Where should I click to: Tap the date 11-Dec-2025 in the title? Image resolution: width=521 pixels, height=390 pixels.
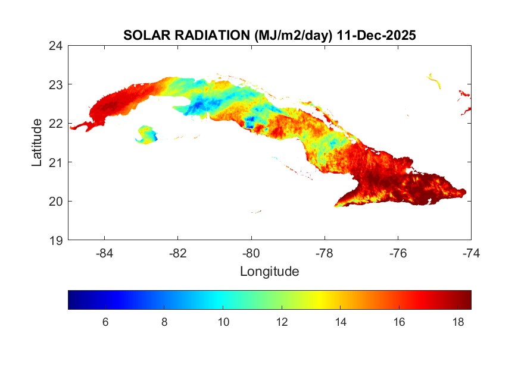[376, 36]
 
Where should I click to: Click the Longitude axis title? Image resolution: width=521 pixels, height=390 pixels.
[269, 272]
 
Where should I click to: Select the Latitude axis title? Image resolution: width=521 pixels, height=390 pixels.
[37, 142]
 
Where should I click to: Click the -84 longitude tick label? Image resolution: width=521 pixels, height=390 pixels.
[104, 253]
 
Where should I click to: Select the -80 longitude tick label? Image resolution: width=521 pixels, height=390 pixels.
[251, 253]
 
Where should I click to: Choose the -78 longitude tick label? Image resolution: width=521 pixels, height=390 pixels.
[325, 253]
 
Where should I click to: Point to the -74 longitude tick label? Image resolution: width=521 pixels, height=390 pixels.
[471, 253]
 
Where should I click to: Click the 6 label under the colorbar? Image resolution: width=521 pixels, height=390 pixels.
[105, 322]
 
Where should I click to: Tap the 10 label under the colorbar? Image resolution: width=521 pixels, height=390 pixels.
[223, 322]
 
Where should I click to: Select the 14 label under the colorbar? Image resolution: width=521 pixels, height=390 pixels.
[340, 322]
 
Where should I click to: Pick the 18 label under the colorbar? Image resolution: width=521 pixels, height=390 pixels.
[457, 322]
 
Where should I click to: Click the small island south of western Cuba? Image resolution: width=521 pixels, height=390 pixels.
[147, 134]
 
